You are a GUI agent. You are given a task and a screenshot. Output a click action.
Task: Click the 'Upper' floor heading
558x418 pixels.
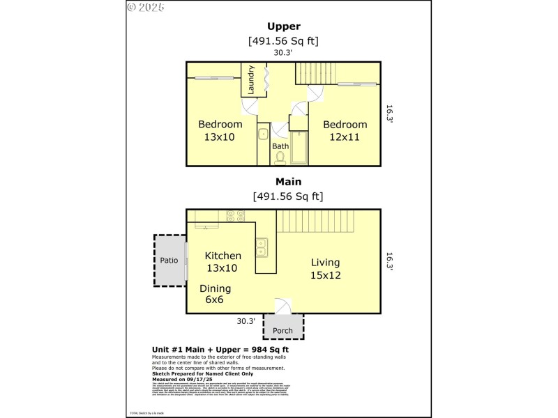click(x=283, y=26)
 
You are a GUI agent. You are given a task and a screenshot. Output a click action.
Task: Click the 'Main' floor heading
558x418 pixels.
click(x=283, y=182)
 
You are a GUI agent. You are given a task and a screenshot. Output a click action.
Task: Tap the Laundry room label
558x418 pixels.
click(x=251, y=79)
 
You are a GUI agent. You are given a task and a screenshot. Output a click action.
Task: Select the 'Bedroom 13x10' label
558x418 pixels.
click(x=220, y=131)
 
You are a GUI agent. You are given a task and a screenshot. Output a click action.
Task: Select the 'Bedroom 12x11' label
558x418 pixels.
click(x=345, y=131)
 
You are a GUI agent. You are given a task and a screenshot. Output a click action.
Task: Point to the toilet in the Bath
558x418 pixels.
click(x=280, y=158)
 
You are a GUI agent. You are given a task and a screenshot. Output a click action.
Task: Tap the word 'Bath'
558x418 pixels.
click(x=280, y=146)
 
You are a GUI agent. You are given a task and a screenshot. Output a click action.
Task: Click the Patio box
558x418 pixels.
click(x=169, y=261)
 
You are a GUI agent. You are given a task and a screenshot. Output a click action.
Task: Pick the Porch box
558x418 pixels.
click(x=282, y=330)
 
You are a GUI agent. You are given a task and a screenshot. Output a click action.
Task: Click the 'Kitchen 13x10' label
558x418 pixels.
click(x=223, y=262)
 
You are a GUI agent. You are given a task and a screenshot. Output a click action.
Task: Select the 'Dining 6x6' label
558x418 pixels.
click(x=215, y=294)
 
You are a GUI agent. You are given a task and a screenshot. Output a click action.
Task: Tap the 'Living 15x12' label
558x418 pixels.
click(x=325, y=268)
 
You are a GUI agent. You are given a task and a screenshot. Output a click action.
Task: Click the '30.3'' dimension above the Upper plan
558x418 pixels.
click(x=282, y=52)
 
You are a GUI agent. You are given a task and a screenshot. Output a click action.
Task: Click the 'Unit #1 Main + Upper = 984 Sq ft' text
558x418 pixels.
click(x=220, y=349)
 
